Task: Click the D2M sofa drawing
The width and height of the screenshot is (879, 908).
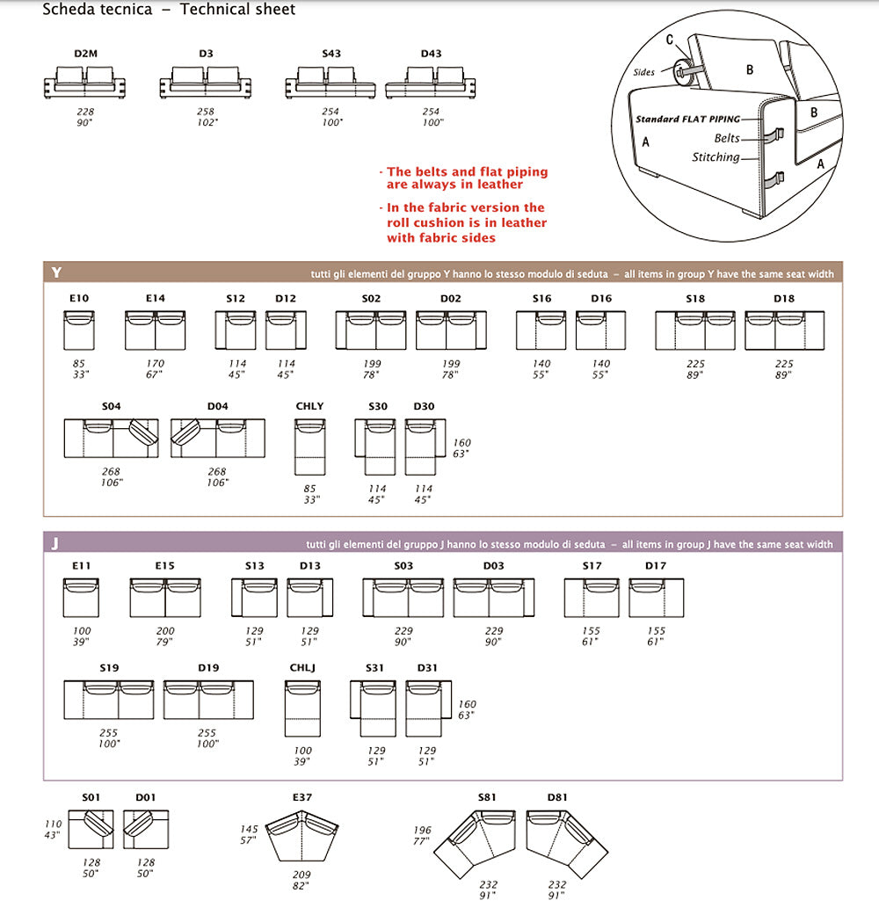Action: (x=85, y=83)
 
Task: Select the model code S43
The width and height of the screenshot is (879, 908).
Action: (x=331, y=54)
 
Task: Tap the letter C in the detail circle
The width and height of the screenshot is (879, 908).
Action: (x=670, y=40)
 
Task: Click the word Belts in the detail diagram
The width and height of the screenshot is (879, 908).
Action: (x=726, y=138)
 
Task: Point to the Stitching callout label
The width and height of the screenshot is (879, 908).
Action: (x=715, y=157)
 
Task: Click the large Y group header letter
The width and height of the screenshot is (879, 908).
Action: (x=57, y=272)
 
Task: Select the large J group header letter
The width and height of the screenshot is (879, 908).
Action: (x=55, y=543)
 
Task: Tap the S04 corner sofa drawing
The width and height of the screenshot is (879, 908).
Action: (x=111, y=438)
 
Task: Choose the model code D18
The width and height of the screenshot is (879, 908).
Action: (x=784, y=299)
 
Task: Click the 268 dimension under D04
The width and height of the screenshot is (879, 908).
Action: (x=217, y=472)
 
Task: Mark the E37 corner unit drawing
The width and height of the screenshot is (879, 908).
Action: (x=302, y=836)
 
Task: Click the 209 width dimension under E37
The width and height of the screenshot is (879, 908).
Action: (x=301, y=875)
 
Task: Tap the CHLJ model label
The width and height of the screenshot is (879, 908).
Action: (x=301, y=668)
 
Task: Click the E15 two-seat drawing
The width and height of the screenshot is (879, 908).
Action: (x=165, y=598)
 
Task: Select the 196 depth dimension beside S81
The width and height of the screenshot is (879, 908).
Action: (x=421, y=831)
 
